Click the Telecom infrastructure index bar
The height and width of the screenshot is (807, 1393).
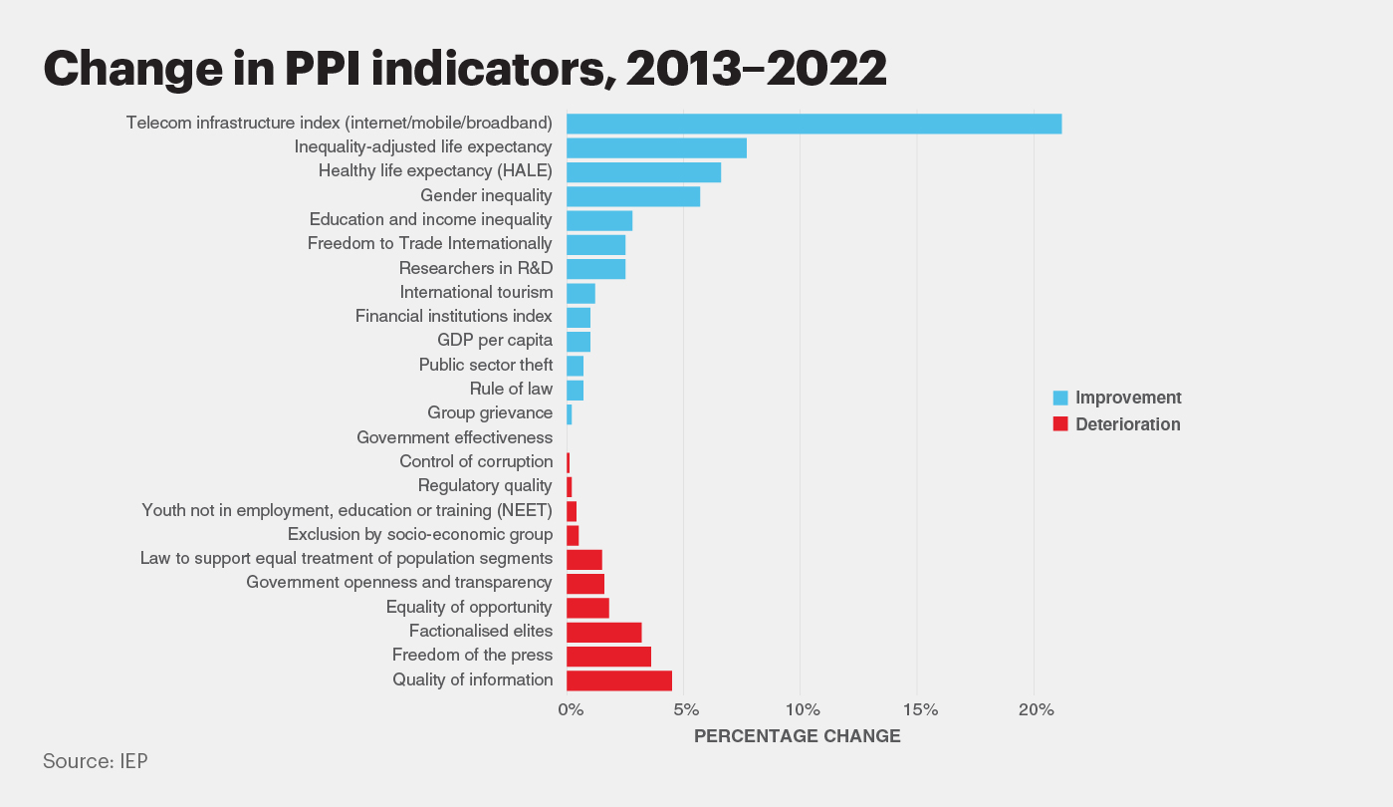[x=813, y=124]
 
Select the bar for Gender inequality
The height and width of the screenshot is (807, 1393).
[x=633, y=196]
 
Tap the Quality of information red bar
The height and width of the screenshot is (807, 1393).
[x=619, y=680]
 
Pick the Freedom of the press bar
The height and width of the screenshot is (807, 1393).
[x=608, y=657]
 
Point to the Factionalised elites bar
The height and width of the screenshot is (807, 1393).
[x=603, y=632]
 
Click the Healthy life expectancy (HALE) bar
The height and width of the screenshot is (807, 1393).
[x=643, y=172]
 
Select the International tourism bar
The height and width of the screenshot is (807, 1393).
[x=580, y=293]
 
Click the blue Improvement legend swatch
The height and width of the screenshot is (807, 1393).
[x=1060, y=399]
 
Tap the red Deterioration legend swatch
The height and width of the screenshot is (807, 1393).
[x=1060, y=425]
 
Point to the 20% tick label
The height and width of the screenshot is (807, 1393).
[x=1036, y=710]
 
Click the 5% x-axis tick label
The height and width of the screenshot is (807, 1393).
[x=685, y=710]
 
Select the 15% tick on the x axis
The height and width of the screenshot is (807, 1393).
[x=919, y=710]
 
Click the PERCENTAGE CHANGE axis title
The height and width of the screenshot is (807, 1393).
[x=797, y=737]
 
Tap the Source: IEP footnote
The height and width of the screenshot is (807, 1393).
[x=96, y=761]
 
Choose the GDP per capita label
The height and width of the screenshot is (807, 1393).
[x=494, y=341]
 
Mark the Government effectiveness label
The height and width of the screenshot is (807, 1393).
[x=454, y=437]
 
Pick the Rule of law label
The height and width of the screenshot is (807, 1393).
[x=511, y=389]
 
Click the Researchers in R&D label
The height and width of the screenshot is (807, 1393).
[x=475, y=268]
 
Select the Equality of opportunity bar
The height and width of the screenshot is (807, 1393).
[x=587, y=608]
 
